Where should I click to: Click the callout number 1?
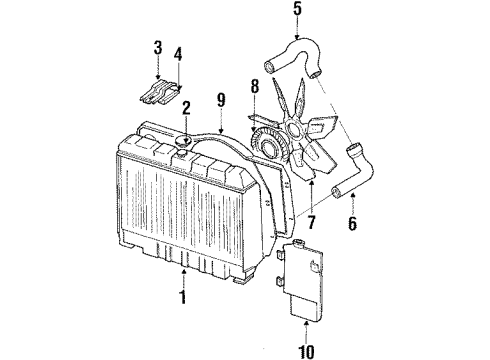(182, 298)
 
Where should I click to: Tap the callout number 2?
(186, 108)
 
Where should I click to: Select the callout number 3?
(157, 47)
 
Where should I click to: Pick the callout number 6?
(353, 224)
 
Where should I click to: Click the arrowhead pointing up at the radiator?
(182, 270)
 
